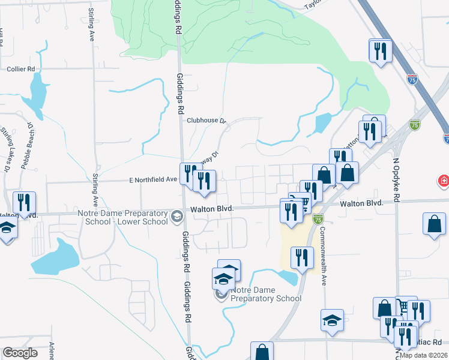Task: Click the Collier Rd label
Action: [22, 69]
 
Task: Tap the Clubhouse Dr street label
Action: [205, 121]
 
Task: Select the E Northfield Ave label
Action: [153, 179]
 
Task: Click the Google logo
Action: [20, 353]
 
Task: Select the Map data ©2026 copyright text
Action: [424, 355]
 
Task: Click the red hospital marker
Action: [443, 181]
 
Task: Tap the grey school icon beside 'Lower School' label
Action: [176, 215]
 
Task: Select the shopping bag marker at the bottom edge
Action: [262, 352]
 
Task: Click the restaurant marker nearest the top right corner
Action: [381, 50]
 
